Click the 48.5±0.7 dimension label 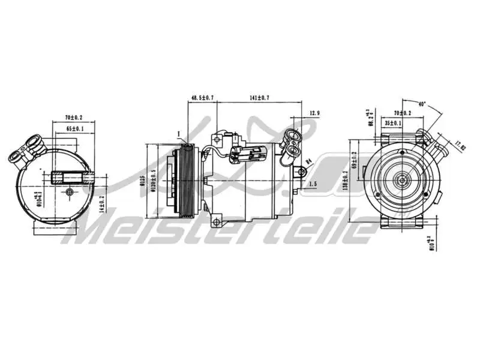[203, 97]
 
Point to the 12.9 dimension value [315, 113]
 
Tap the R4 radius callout [308, 161]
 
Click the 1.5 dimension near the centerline [312, 184]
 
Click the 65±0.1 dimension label [74, 129]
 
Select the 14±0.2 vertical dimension [102, 205]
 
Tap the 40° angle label [422, 104]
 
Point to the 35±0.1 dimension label [394, 123]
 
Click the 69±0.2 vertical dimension [355, 161]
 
